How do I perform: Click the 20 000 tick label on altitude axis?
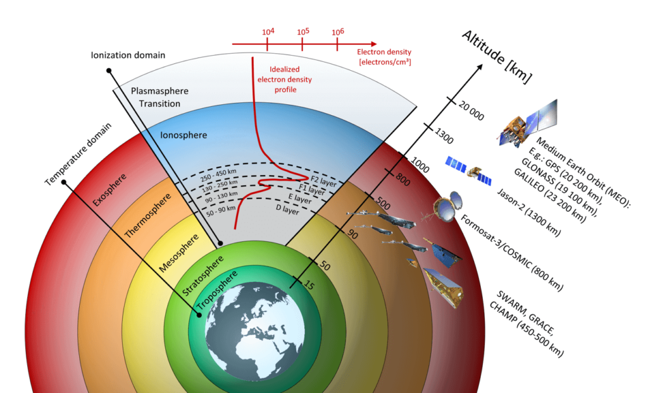click(x=471, y=111)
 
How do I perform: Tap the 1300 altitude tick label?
click(x=444, y=136)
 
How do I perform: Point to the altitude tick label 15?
click(x=309, y=284)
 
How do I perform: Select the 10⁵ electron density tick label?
click(x=303, y=32)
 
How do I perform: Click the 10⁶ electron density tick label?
click(x=338, y=32)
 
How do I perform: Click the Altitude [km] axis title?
click(x=497, y=57)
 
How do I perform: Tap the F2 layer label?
click(x=323, y=181)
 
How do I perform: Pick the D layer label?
click(x=288, y=210)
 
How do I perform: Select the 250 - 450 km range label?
click(x=218, y=175)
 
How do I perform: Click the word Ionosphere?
click(x=184, y=135)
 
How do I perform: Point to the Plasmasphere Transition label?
click(x=159, y=97)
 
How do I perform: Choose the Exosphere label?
click(x=109, y=190)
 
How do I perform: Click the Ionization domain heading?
click(x=128, y=55)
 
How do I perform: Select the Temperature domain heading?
click(x=78, y=154)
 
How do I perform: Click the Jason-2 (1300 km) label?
click(x=528, y=212)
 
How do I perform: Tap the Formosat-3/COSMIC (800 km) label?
click(x=511, y=253)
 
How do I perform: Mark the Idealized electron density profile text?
click(x=285, y=80)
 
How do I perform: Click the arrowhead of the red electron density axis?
click(x=374, y=44)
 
